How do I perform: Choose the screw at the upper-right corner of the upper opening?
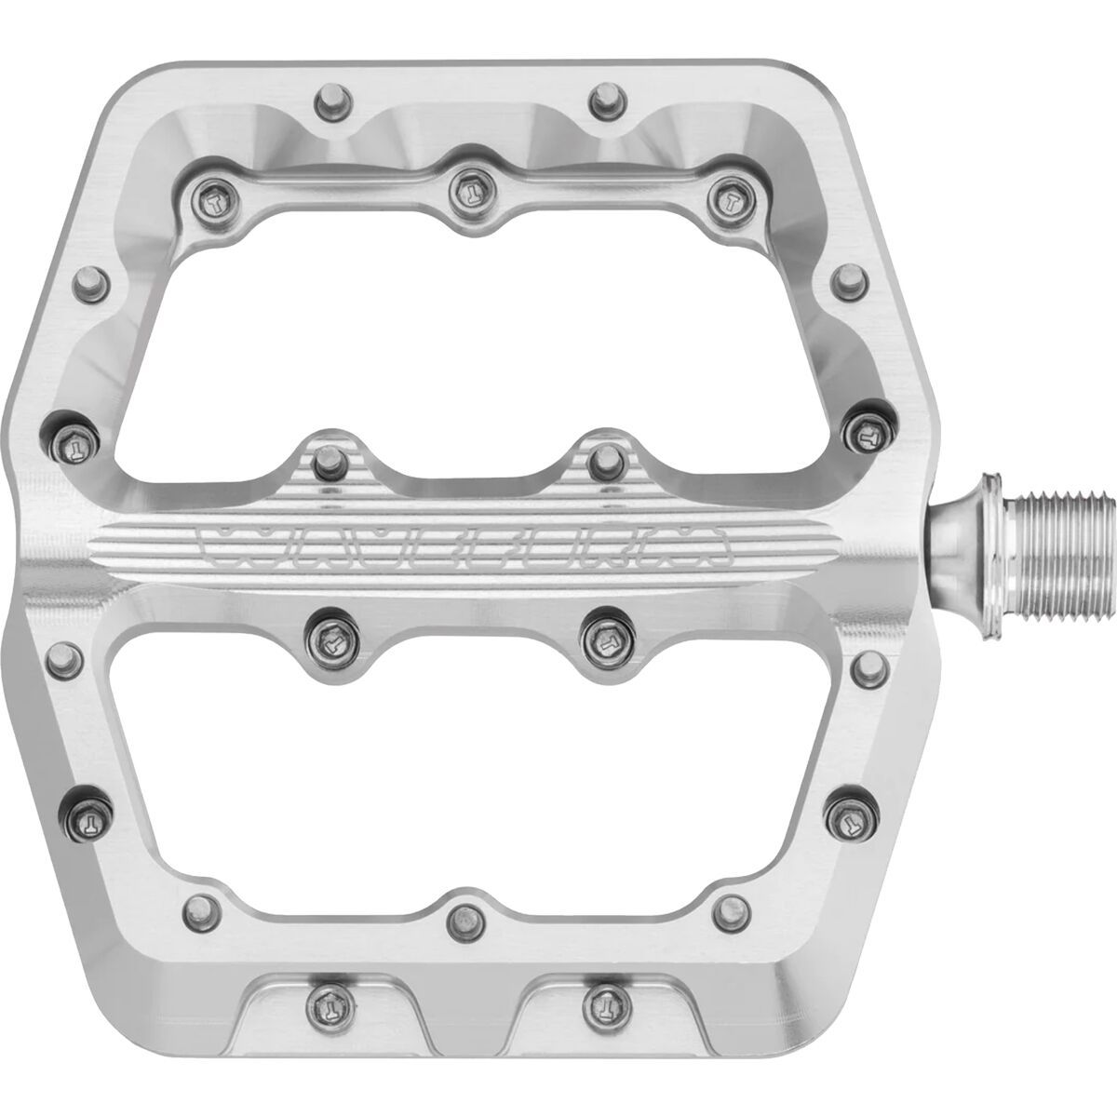click(x=721, y=196)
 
